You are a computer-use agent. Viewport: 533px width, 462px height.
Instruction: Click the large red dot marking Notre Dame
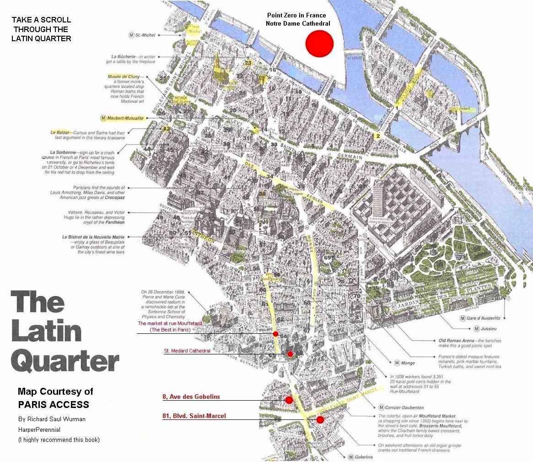[319, 43]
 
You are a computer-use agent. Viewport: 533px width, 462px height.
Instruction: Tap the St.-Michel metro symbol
[132, 35]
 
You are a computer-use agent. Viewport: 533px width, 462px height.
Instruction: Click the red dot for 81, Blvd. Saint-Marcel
[320, 419]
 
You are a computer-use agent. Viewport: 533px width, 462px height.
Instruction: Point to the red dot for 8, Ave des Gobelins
[289, 400]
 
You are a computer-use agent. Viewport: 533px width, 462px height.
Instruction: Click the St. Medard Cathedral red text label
[187, 351]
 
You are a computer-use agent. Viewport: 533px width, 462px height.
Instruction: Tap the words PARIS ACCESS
[53, 405]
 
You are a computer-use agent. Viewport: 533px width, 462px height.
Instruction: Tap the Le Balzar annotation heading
[61, 132]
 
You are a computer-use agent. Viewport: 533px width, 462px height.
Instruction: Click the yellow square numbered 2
[377, 136]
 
